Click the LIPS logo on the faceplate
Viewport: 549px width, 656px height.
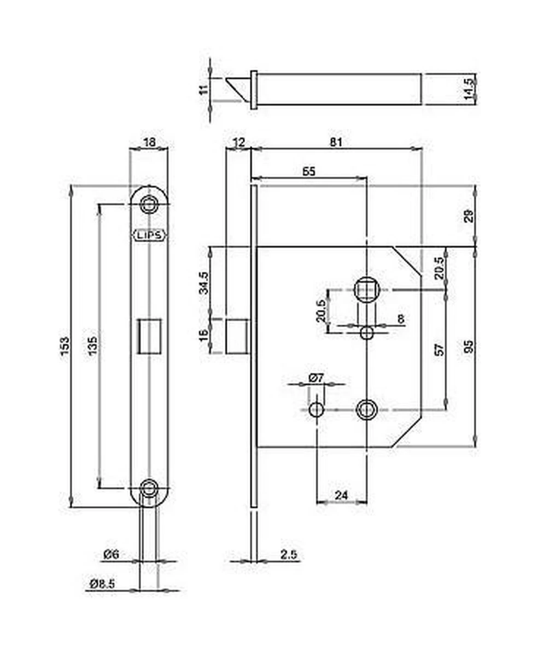point(149,236)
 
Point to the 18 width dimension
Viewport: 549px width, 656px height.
point(149,142)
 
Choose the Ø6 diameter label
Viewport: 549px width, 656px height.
point(111,554)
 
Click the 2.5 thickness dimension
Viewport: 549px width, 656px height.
point(288,555)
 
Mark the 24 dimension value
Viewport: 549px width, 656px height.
point(341,495)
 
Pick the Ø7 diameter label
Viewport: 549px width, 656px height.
point(317,378)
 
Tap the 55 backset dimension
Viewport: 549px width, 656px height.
point(309,171)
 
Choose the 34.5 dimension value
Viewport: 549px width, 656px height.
point(203,282)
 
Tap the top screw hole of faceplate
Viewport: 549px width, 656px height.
point(148,205)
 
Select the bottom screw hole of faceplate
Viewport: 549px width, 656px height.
point(148,487)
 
